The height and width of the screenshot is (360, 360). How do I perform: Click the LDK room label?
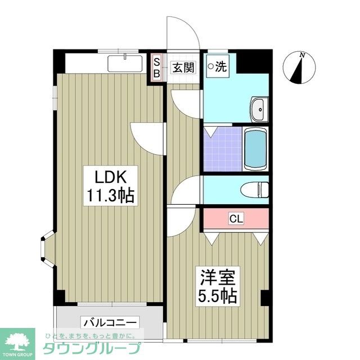click(110, 177)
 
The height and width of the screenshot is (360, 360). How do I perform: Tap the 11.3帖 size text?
click(110, 196)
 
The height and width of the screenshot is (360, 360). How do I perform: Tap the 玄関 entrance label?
click(183, 68)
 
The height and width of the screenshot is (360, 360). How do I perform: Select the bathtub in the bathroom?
click(255, 149)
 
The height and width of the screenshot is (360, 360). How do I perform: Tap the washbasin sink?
click(259, 108)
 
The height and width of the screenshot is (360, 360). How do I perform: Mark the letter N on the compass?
click(303, 55)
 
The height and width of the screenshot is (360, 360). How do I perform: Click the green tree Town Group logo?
click(18, 338)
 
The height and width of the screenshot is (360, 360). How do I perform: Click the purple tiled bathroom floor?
click(223, 148)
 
